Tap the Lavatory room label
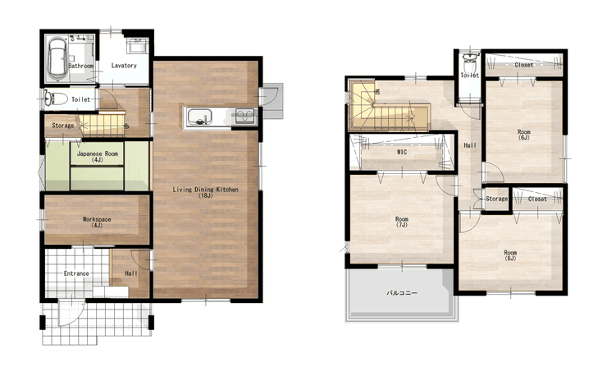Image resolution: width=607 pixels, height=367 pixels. tap(124, 66)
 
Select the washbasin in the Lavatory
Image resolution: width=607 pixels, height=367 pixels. tap(137, 47)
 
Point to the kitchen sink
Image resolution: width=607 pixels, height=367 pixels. tap(199, 117)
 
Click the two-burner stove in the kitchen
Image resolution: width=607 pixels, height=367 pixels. tap(245, 116)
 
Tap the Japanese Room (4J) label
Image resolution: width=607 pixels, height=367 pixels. tap(98, 157)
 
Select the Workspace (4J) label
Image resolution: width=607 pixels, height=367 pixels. tap(97, 222)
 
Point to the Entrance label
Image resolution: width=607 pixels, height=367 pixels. tap(76, 273)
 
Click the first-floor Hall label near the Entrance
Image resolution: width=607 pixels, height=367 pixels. tap(131, 273)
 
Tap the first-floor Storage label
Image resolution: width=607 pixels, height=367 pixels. tap(62, 126)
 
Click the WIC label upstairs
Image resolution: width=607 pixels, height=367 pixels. tap(402, 153)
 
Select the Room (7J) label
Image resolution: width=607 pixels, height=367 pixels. tap(402, 222)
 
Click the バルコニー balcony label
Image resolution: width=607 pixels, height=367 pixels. tap(402, 293)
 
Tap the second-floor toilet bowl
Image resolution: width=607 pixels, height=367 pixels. tap(470, 62)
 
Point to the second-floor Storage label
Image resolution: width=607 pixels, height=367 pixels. tap(496, 199)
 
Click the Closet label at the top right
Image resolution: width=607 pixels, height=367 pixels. tap(524, 65)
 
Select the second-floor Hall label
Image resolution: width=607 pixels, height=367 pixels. tap(470, 145)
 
